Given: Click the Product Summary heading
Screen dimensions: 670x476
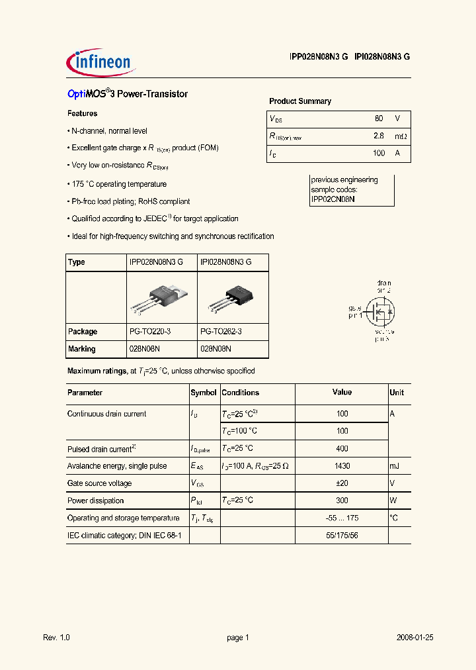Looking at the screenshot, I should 300,101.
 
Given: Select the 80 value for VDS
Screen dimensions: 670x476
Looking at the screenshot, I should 379,119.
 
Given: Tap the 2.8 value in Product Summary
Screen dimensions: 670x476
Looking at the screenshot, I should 379,136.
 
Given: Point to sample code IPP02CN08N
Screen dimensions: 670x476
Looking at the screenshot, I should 333,199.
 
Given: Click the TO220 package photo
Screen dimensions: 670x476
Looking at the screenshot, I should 161,297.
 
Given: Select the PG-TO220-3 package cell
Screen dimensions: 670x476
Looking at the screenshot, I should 153,332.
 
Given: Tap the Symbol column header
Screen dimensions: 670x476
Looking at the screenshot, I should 204,393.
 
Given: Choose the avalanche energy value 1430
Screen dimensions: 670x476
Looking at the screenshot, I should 342,466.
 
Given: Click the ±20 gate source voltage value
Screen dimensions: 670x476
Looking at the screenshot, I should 342,483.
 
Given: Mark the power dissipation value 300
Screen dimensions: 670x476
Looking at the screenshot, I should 342,501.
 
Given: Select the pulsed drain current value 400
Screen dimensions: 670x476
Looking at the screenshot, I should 342,449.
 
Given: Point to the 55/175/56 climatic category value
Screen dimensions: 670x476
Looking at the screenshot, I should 342,535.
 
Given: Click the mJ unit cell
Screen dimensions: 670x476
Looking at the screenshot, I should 395,466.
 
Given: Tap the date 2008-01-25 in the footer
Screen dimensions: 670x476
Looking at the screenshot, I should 415,638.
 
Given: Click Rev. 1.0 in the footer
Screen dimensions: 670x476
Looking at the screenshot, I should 56,638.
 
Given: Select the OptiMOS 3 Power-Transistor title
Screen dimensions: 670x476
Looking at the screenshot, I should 128,94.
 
